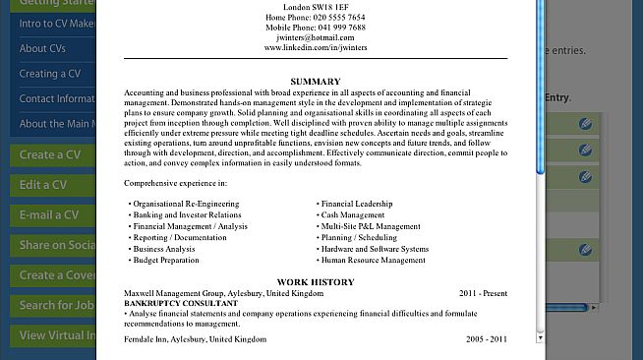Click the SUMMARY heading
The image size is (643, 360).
316,81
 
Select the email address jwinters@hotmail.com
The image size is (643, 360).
316,37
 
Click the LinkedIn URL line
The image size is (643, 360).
316,47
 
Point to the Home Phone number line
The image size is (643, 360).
316,18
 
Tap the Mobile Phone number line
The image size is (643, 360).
316,28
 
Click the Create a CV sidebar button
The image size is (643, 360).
49,154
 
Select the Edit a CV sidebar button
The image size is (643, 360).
43,185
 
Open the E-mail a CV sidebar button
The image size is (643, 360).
49,215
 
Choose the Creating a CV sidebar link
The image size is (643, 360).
50,74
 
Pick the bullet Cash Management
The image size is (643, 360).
353,214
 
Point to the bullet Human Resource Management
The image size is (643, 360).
373,261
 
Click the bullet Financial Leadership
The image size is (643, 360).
356,204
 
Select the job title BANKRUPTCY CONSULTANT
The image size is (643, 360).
181,303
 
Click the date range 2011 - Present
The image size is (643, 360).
483,293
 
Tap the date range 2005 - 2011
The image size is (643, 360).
486,338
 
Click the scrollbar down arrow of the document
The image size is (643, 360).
540,336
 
